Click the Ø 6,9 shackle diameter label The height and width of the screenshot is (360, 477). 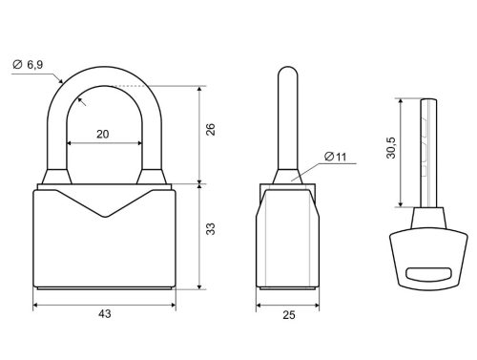point(28,65)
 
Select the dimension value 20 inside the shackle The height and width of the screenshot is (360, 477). point(103,135)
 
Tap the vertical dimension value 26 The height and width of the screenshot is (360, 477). point(211,129)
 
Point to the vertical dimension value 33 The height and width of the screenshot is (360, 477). point(211,229)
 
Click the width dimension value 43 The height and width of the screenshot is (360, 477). point(105,314)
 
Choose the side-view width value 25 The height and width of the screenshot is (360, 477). point(289,315)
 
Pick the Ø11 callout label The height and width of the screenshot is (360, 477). point(336,157)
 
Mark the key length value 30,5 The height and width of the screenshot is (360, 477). point(391,148)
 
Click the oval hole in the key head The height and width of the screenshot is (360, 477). point(428,274)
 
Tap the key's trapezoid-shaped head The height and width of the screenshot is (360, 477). point(428,260)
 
